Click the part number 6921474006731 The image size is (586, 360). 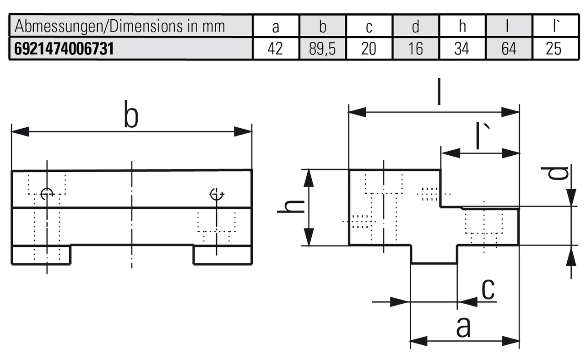point(64,49)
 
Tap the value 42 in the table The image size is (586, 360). point(275,49)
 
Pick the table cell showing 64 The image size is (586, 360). point(509,49)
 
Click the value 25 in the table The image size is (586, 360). point(553,49)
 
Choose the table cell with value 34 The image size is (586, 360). point(461,49)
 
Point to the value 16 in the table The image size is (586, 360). point(415,49)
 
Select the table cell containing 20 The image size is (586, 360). point(369,49)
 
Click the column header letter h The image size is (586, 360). point(462,27)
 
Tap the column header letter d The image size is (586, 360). point(415,27)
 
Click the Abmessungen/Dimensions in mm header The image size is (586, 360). point(120,27)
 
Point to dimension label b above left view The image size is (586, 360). point(131,117)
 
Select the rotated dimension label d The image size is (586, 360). point(555,173)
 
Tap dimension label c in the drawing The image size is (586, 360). point(488,289)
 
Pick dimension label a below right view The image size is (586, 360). point(463,327)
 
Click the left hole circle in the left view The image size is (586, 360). point(47,194)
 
